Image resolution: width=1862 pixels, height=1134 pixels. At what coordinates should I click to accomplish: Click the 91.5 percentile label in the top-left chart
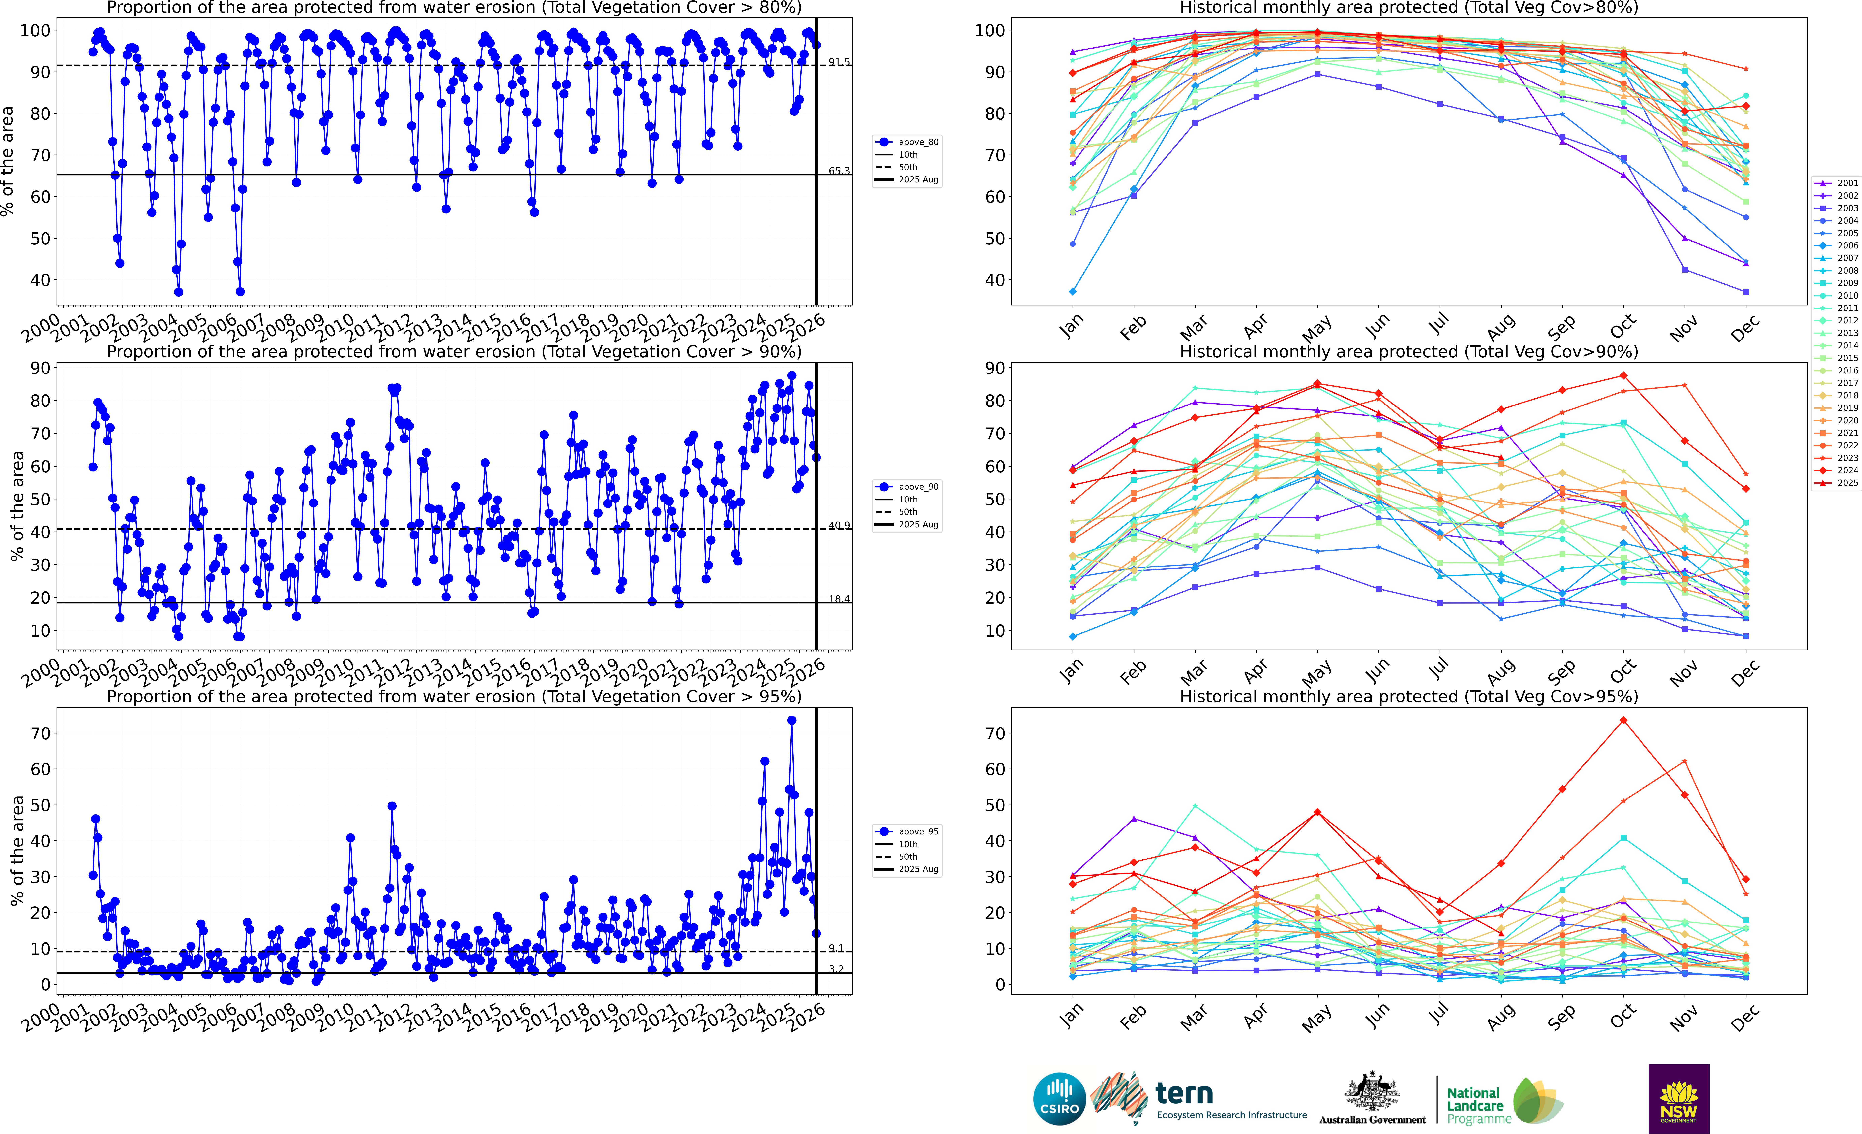pos(839,62)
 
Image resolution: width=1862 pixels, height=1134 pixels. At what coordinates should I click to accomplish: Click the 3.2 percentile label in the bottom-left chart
pos(836,969)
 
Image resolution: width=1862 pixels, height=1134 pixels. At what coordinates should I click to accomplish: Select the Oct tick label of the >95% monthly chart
pos(1622,1017)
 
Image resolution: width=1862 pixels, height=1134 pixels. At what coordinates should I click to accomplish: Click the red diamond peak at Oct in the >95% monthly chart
pos(1623,721)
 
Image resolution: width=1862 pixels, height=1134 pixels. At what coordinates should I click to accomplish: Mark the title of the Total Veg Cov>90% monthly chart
pos(1409,352)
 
